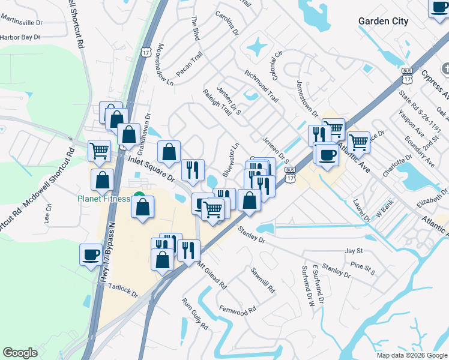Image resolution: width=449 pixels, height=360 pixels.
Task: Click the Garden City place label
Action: click(383, 22)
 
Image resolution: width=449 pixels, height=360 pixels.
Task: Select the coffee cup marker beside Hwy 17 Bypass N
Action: click(91, 254)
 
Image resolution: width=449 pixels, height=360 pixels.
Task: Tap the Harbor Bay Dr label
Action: click(20, 37)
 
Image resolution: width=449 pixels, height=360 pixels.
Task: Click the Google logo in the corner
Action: click(20, 353)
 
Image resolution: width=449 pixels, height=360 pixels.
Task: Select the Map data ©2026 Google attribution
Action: click(411, 355)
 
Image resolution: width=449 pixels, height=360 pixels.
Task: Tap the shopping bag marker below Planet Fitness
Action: click(142, 208)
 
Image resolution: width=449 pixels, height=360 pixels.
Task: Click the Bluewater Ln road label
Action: click(231, 159)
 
